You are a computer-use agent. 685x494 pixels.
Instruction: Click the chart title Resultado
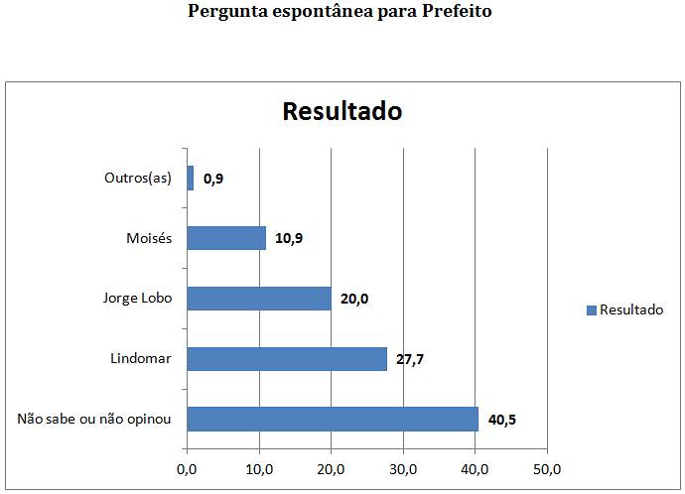(x=342, y=110)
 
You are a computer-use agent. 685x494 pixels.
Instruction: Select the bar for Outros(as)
(x=190, y=179)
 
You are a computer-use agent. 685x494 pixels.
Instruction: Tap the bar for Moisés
(x=226, y=238)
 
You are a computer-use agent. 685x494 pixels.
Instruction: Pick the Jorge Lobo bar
(x=258, y=299)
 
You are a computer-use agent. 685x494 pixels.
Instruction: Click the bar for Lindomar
(x=286, y=358)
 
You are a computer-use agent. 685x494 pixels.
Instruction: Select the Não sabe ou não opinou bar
(x=333, y=419)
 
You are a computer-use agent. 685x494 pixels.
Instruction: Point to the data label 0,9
(x=213, y=180)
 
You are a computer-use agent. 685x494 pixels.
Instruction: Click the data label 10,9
(x=289, y=239)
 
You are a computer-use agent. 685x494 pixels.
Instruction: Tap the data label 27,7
(x=410, y=359)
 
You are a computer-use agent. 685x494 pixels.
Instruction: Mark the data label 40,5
(x=502, y=420)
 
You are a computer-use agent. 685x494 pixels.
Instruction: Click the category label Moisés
(x=149, y=238)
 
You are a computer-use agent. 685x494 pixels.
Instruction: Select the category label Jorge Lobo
(x=137, y=299)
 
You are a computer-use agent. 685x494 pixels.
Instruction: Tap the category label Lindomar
(x=141, y=358)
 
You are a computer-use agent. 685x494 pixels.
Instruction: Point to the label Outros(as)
(x=138, y=179)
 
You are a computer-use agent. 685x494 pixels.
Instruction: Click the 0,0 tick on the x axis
(x=187, y=467)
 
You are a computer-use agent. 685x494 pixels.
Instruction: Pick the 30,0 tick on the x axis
(x=403, y=467)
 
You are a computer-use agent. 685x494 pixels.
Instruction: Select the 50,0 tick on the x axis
(x=547, y=467)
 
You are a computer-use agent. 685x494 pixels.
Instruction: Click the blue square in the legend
(x=592, y=310)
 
